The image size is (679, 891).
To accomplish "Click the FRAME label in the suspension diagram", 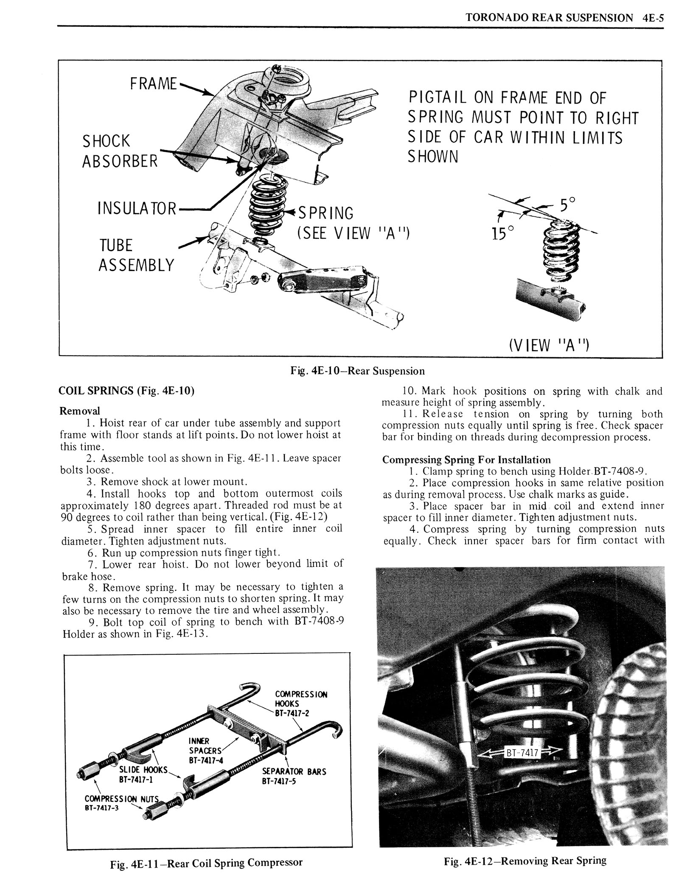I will point(154,84).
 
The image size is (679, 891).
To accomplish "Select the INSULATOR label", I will point(136,208).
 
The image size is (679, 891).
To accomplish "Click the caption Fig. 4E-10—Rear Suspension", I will point(357,371).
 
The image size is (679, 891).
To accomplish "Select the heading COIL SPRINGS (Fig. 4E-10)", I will point(126,391).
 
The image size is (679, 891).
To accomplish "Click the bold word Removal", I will point(80,411).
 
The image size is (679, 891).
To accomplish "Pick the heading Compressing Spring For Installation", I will point(466,460).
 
